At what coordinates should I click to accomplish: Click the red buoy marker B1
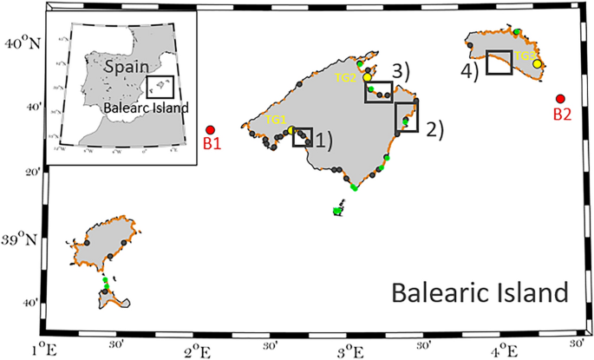pos(210,130)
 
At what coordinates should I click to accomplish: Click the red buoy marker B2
pos(560,100)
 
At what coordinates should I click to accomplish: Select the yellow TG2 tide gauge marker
pos(368,77)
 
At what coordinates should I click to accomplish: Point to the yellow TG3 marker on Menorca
pos(538,63)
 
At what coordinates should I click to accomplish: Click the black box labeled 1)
pos(303,137)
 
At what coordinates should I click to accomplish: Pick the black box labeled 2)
pos(407,117)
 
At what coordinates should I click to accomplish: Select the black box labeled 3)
pos(379,91)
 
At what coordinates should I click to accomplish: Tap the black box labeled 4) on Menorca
pos(499,62)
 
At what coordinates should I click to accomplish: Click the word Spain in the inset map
pos(127,65)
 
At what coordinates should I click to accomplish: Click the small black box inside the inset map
pos(161,88)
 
